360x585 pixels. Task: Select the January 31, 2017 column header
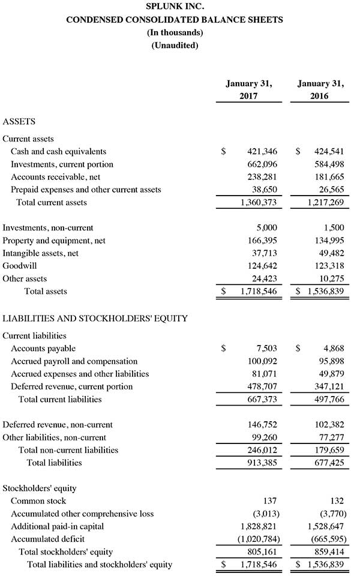pos(248,89)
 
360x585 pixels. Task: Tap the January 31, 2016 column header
pos(320,89)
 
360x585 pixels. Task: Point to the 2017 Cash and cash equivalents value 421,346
pos(262,152)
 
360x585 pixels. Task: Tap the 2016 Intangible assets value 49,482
pos(331,253)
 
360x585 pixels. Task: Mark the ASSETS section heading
pos(19,121)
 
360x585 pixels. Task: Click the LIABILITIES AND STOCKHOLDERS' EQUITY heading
pos(95,319)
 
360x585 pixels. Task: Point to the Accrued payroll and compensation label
pos(74,361)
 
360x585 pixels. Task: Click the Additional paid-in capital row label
pos(58,526)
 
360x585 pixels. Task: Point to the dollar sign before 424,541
pos(298,152)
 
